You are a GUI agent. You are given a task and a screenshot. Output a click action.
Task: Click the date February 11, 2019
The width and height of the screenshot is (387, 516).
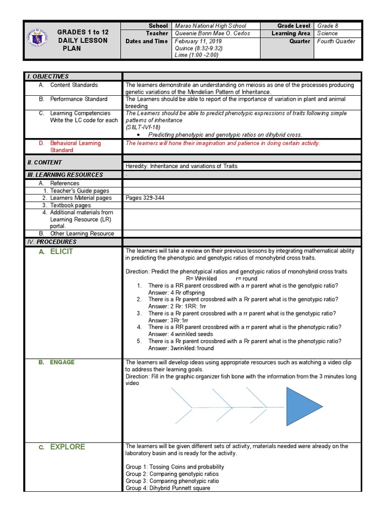coord(194,41)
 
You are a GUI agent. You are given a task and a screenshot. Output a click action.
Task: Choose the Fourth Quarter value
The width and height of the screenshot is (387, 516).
coord(336,41)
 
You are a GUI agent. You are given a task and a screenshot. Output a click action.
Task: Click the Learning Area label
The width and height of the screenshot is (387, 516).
coord(291,33)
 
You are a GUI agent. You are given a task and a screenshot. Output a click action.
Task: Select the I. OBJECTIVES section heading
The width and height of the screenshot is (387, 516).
coord(48,77)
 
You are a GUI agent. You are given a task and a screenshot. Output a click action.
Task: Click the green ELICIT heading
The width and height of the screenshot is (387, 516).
coord(61,251)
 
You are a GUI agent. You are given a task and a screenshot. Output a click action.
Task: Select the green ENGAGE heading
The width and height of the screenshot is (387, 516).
coord(62,362)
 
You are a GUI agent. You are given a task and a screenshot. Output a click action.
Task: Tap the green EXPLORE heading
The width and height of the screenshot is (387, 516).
coord(68,447)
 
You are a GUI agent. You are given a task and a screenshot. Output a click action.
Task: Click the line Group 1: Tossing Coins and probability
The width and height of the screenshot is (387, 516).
coord(175,467)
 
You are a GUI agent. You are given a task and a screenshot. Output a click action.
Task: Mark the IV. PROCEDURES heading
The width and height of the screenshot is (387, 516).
coord(51,242)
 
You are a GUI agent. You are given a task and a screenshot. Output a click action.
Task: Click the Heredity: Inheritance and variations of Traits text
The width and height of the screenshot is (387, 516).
coord(181,166)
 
